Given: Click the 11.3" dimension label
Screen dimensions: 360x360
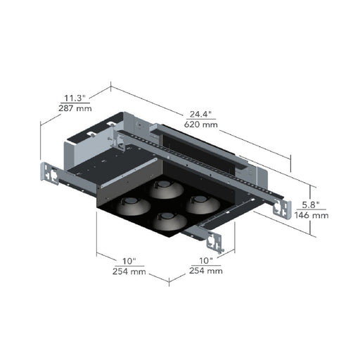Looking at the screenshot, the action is coord(75,98).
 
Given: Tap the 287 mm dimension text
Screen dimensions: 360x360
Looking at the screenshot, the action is coord(75,108).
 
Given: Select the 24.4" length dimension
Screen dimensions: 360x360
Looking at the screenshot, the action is coord(200,114).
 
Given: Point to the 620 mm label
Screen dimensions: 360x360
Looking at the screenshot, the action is coord(200,124).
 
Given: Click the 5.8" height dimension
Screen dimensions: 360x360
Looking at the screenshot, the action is coord(311,205).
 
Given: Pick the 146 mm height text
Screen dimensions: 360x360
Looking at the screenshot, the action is coord(311,215).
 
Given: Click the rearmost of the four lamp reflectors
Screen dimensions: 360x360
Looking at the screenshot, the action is coord(166,189).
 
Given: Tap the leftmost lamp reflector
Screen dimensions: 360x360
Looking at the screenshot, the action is coord(133,206).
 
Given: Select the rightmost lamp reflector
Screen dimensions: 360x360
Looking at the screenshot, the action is coord(203,205).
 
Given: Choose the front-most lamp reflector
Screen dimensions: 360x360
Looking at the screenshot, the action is coord(169,221).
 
